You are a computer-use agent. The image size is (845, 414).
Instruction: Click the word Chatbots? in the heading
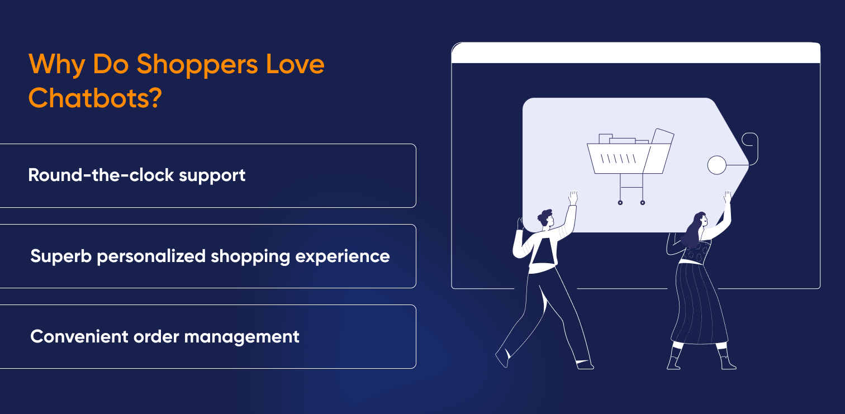pyautogui.click(x=95, y=98)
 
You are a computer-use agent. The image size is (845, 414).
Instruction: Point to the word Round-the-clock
pyautogui.click(x=101, y=175)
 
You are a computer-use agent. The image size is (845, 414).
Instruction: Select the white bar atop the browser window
pyautogui.click(x=635, y=53)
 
